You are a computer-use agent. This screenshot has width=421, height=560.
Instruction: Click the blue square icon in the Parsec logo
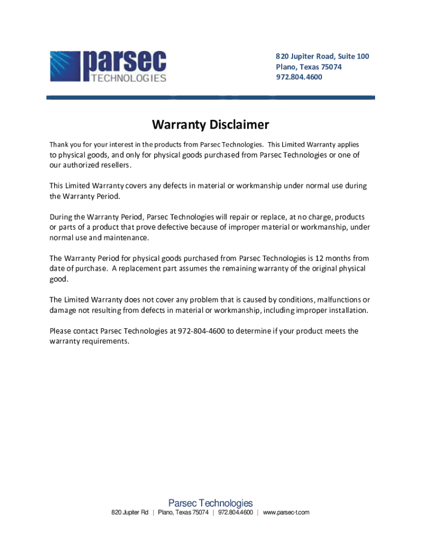pos(65,66)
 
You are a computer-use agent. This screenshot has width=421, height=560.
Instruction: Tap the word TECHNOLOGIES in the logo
pos(125,78)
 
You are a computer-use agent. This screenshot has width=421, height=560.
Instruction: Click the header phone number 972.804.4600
pos(299,77)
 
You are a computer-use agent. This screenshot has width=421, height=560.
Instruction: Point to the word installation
pos(345,310)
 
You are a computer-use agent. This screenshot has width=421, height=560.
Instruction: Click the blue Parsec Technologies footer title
pos(210,503)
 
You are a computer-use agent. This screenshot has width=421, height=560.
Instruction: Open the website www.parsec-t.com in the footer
pos(286,512)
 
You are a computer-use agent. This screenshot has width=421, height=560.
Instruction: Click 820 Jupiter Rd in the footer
pos(130,512)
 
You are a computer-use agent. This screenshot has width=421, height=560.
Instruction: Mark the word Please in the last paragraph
pos(61,331)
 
